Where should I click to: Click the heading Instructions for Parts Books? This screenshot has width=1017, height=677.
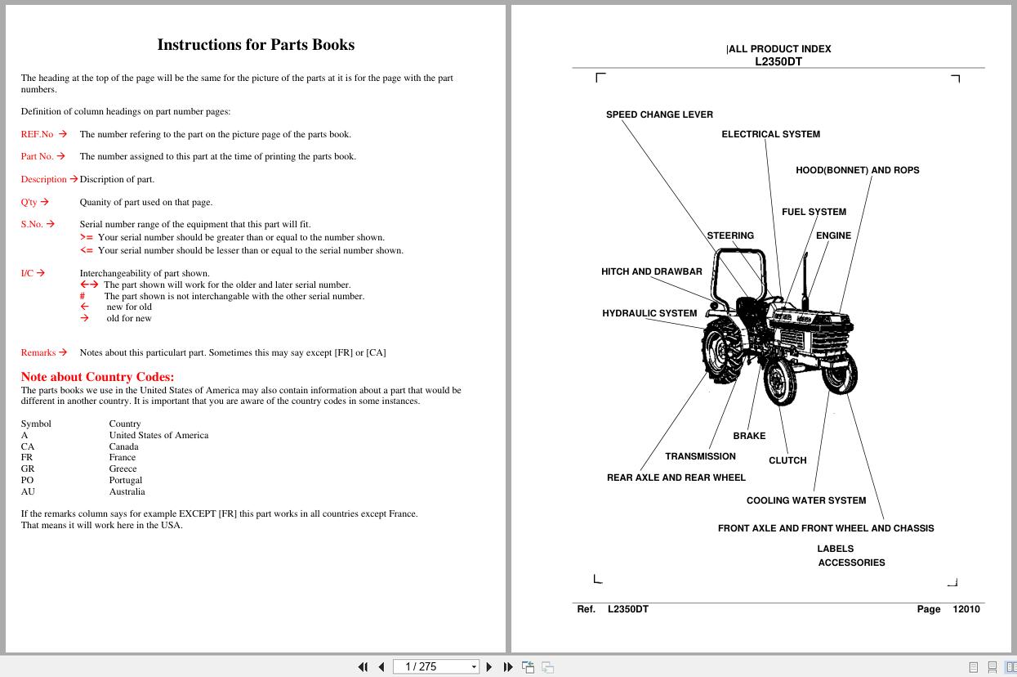tap(256, 45)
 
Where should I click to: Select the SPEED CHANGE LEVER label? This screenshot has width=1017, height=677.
tap(659, 114)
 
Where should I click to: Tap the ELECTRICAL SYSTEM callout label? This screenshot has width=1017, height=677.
tap(770, 134)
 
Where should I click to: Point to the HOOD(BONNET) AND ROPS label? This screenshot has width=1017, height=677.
tap(857, 170)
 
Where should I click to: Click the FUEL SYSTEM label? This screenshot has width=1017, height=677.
tap(814, 212)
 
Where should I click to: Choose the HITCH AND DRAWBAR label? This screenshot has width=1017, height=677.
tap(651, 271)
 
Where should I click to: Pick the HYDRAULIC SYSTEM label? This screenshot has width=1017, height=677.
tap(649, 313)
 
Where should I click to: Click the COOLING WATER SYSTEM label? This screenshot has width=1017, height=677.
tap(805, 500)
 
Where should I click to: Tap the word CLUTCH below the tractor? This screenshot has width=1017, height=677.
tap(787, 460)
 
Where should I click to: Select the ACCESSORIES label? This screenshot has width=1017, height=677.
tap(851, 563)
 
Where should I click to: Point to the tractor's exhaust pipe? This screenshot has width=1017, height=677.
tap(805, 274)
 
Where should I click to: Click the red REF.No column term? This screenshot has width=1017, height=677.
tap(37, 134)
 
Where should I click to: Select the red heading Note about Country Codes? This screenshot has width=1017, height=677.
tap(97, 377)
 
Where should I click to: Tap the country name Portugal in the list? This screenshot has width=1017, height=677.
tap(126, 481)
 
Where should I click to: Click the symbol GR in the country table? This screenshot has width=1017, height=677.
tap(28, 469)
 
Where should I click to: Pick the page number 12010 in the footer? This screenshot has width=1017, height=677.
tap(966, 609)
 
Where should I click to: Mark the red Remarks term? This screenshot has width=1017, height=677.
tap(38, 353)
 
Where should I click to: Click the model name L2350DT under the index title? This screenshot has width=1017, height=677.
tap(778, 61)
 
